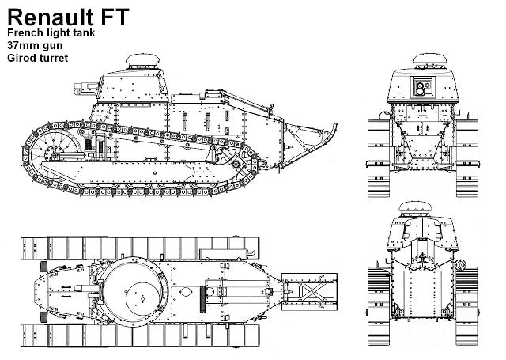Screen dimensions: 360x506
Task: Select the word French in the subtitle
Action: click(25, 32)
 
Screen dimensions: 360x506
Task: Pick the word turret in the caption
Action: click(56, 58)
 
